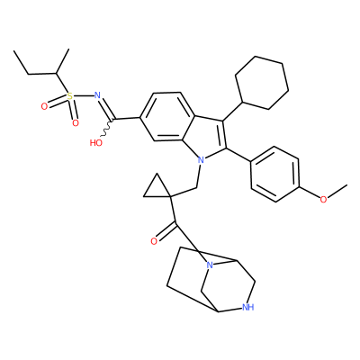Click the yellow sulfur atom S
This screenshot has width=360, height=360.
(69, 96)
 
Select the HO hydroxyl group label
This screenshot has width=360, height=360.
(96, 143)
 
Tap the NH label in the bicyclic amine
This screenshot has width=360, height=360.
(248, 307)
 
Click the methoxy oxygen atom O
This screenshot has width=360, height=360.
(323, 199)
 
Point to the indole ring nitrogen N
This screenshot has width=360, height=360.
(201, 160)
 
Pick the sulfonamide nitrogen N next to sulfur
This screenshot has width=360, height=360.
(97, 95)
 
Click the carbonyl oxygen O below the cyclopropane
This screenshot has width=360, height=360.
(154, 241)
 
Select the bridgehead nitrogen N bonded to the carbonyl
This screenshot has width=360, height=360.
(210, 265)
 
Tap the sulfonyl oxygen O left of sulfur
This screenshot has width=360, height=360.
(44, 106)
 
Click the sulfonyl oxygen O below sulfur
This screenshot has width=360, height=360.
(76, 123)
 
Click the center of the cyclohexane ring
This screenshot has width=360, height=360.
(262, 83)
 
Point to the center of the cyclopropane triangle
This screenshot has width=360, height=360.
(157, 189)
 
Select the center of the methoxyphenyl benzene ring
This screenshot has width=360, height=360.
(274, 174)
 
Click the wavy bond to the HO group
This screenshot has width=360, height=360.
(106, 129)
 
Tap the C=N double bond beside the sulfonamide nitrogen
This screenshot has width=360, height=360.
(105, 109)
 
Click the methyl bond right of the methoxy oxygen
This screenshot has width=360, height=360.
(337, 191)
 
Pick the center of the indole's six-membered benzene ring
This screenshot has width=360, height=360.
(167, 116)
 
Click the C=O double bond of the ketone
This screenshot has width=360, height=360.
(166, 231)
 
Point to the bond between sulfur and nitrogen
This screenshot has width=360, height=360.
(83, 96)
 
